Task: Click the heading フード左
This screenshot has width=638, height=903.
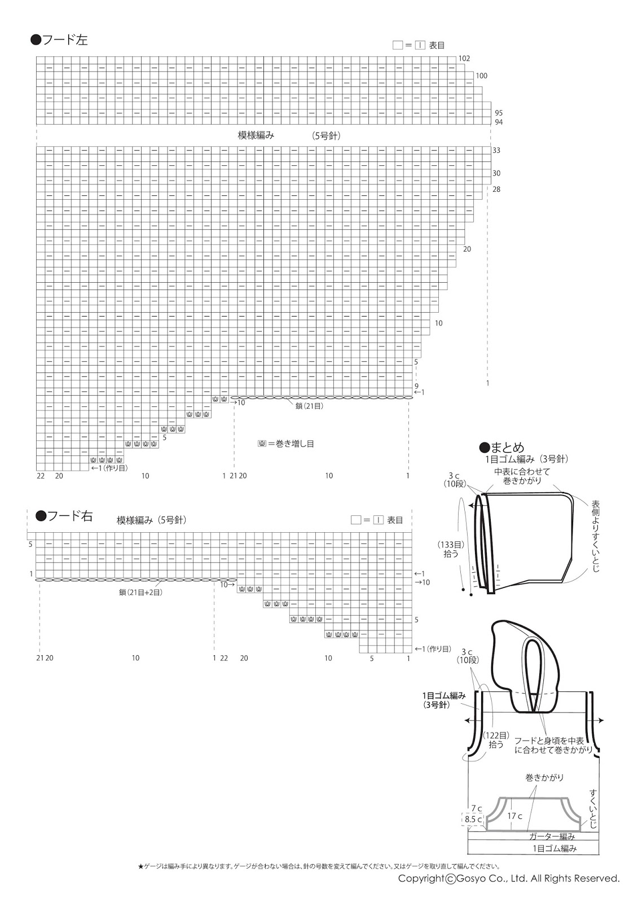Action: coord(59,40)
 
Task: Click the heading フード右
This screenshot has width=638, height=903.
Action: coord(64,516)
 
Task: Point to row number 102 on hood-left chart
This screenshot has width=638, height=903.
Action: coord(464,59)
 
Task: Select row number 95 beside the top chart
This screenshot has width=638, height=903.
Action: coord(498,113)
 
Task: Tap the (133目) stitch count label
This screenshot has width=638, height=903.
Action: coord(451,545)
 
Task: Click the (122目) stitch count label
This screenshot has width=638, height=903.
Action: coord(496,735)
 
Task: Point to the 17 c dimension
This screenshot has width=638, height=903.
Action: coord(514,816)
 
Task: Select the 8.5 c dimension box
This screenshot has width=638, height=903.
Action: coord(473,819)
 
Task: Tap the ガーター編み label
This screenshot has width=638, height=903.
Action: coord(552,836)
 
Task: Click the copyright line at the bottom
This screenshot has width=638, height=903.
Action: coord(508,878)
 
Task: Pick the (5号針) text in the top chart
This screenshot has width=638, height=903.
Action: coord(327,135)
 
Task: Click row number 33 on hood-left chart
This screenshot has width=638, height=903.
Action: coord(496,151)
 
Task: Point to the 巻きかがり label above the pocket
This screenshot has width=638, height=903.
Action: coord(544,778)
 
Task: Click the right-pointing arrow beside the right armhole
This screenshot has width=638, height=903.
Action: coord(601,721)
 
